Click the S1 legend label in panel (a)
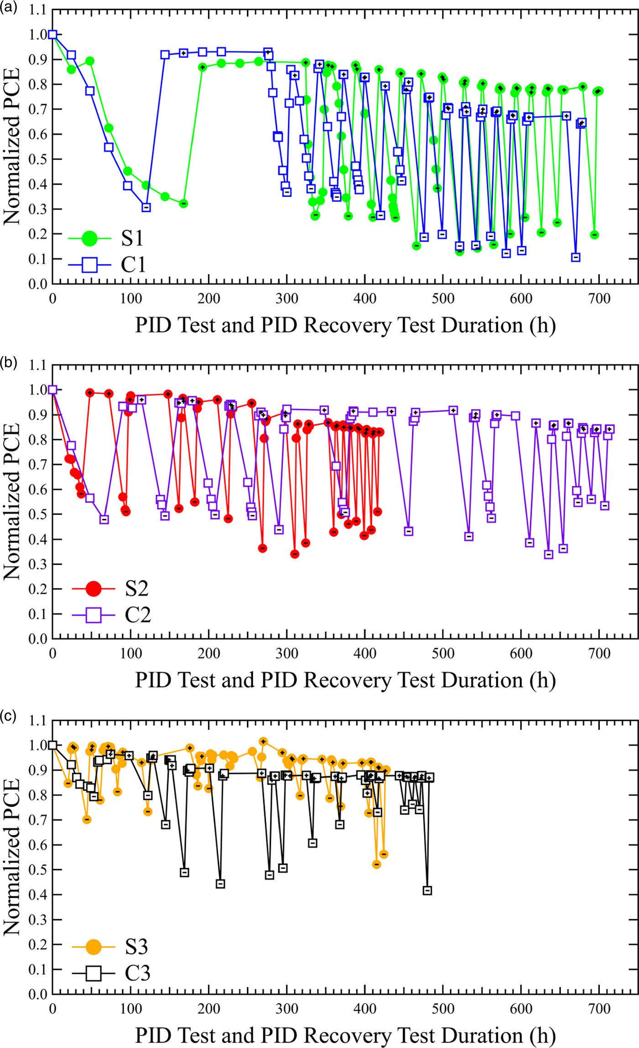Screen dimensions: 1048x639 (132, 238)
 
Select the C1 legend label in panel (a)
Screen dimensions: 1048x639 (133, 265)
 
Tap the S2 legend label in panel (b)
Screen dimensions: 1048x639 (136, 589)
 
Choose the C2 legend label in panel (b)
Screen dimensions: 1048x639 (137, 615)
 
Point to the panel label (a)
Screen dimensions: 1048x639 (9, 8)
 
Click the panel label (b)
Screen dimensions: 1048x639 (9, 363)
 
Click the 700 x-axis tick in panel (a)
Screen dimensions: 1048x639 (599, 299)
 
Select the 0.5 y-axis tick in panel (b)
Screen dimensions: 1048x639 (38, 514)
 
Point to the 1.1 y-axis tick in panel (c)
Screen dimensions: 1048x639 (38, 721)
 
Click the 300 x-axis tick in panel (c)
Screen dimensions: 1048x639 (287, 1009)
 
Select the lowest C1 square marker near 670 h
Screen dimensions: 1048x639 (576, 257)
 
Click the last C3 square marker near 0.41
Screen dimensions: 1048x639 (427, 890)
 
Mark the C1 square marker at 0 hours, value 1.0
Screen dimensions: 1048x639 (52, 35)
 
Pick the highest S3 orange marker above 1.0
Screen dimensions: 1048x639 (263, 742)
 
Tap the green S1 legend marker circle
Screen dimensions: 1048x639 (89, 238)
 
